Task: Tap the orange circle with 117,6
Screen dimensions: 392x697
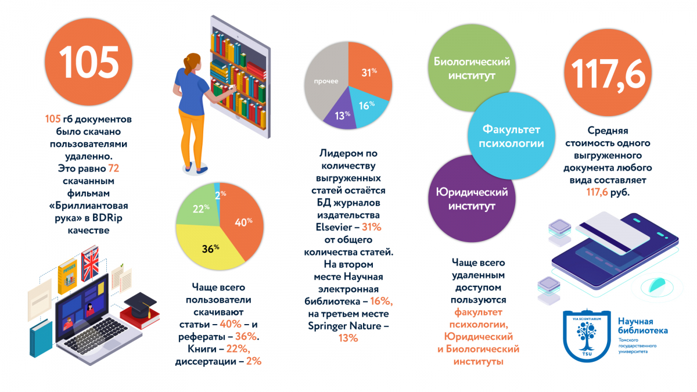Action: pyautogui.click(x=608, y=72)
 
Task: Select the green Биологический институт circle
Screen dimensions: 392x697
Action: pyautogui.click(x=472, y=69)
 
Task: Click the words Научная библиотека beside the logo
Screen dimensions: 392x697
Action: pyautogui.click(x=642, y=326)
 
